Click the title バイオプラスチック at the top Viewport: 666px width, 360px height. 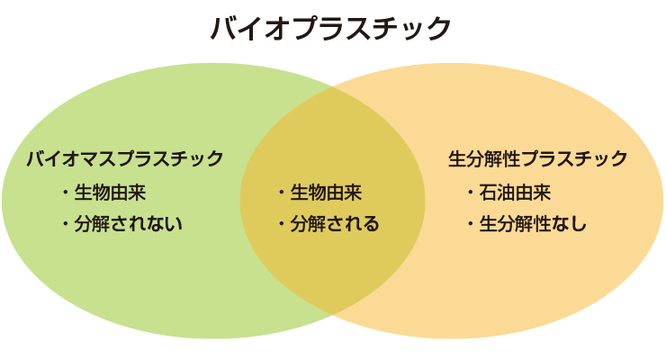point(330,28)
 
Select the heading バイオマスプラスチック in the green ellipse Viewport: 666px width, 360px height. point(125,159)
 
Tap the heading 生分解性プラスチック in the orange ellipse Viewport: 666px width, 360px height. point(538,159)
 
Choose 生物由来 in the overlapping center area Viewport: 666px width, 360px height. point(326,193)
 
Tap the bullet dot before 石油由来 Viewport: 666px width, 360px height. point(471,193)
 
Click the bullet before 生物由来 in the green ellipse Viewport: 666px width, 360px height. point(65,193)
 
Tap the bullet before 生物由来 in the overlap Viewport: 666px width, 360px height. point(282,193)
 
